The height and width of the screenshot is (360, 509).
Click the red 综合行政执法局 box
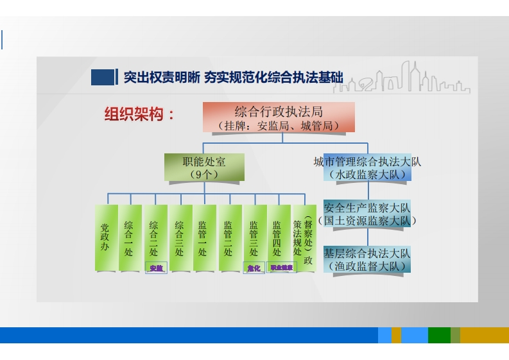(279, 117)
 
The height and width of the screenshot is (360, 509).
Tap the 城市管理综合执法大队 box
(367, 167)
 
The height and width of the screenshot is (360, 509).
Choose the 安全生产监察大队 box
(367, 214)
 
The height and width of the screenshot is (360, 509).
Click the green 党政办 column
(105, 237)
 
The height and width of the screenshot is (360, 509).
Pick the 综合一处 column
(130, 237)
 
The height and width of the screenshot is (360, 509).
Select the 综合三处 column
(180, 237)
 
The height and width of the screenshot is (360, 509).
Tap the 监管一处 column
(203, 237)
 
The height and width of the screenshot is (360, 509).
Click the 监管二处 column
(229, 237)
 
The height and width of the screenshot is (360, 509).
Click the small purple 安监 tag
(156, 268)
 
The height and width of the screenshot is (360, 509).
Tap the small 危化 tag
(254, 268)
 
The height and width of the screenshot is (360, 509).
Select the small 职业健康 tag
(281, 268)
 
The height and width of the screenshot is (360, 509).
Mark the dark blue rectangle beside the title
(102, 77)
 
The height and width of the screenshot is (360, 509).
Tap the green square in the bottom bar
(439, 335)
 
